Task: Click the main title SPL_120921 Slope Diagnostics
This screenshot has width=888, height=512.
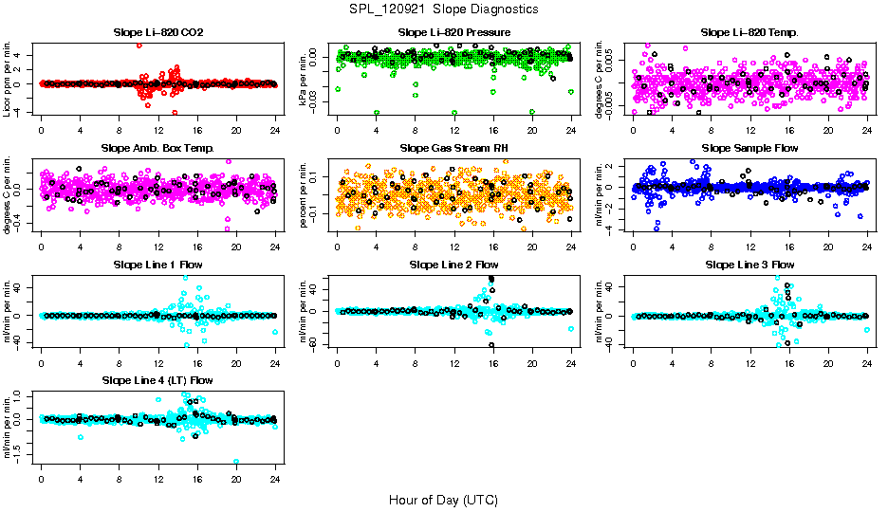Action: [x=444, y=9]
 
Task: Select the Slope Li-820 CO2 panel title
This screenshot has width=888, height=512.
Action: [x=157, y=32]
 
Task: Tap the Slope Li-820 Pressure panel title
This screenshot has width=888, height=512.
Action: [x=454, y=32]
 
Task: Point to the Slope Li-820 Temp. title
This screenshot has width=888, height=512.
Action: [x=749, y=32]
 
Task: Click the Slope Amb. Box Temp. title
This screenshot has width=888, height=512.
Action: [x=157, y=148]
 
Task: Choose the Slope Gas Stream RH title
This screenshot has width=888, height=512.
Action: [x=454, y=148]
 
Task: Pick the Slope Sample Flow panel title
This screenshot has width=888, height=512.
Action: [x=749, y=148]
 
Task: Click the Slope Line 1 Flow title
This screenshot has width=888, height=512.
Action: [x=157, y=265]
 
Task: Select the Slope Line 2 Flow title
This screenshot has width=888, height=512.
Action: [x=454, y=265]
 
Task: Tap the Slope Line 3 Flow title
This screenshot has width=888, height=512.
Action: [x=749, y=265]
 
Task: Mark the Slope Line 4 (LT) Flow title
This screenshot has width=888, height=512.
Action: [x=157, y=380]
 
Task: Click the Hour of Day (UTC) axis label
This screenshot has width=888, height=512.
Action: [x=444, y=500]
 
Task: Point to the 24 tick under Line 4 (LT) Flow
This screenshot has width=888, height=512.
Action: [x=275, y=480]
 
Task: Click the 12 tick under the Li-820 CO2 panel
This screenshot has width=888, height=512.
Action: [x=158, y=131]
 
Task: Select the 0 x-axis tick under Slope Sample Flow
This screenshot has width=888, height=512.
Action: [x=633, y=247]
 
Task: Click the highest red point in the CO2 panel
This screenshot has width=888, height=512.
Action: [x=139, y=45]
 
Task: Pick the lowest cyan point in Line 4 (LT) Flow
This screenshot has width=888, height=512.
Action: [x=236, y=462]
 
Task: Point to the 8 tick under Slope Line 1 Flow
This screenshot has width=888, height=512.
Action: [x=120, y=363]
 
